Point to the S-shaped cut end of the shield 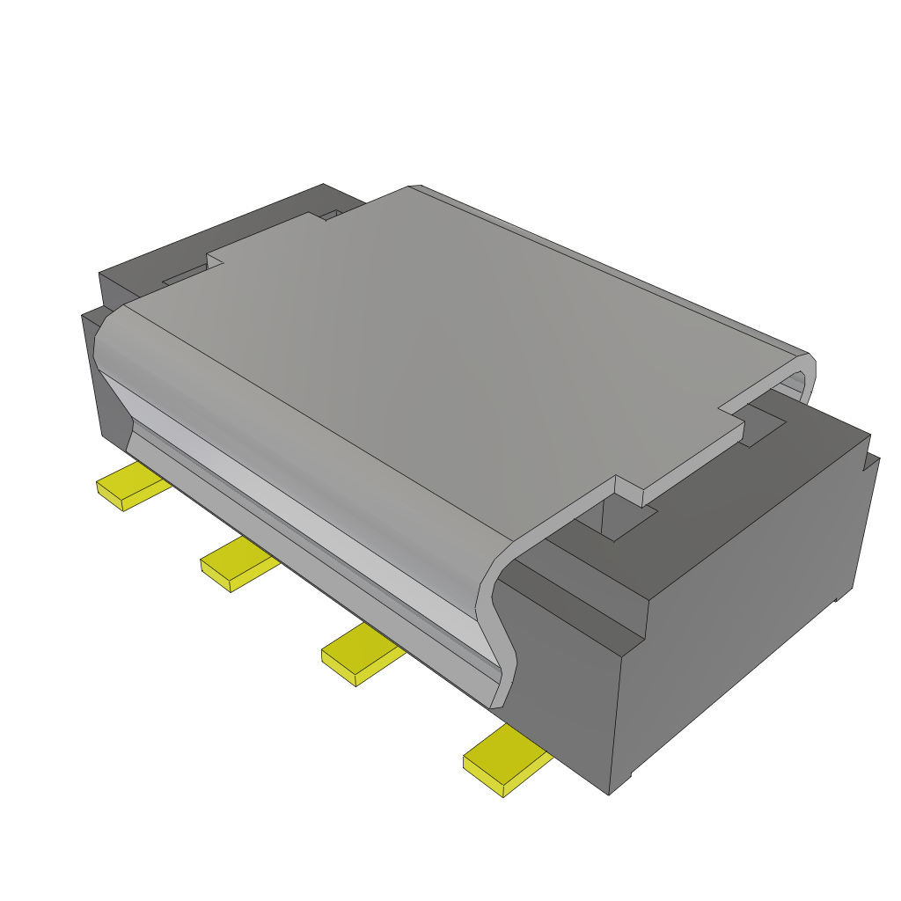(x=498, y=634)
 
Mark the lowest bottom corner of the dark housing (x=610, y=792)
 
